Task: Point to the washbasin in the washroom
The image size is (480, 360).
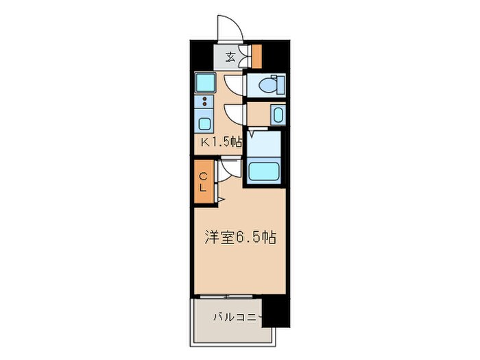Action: [277, 115]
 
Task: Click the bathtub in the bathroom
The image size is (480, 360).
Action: [263, 169]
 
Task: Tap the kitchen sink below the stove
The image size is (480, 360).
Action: [205, 123]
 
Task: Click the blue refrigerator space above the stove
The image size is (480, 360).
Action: [205, 83]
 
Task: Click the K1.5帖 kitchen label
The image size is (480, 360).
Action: [221, 143]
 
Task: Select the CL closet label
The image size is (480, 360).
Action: [203, 182]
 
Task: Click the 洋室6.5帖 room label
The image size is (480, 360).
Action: [240, 238]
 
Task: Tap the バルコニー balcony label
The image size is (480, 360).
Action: [237, 317]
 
